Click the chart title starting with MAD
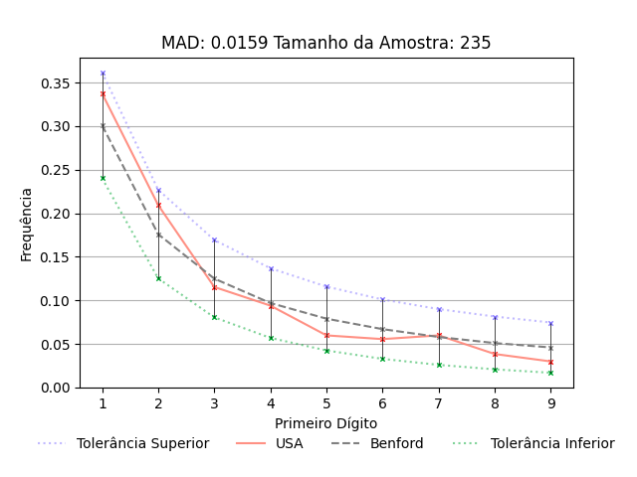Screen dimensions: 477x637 325,44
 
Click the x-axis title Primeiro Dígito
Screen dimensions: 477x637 325,423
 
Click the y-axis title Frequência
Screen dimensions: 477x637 27,224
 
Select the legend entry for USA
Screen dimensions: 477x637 289,443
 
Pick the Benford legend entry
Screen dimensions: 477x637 395,443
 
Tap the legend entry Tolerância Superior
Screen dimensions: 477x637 142,443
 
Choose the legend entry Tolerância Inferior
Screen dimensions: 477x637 552,443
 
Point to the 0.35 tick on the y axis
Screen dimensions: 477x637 56,82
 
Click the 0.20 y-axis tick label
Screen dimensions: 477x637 56,214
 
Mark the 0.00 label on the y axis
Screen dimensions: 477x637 56,388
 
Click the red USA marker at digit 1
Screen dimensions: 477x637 103,93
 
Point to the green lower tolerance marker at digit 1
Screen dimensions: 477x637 103,178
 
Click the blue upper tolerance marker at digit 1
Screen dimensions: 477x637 103,74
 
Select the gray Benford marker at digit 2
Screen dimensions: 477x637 158,235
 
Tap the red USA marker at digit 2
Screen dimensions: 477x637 158,206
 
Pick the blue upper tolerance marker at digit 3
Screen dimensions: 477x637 214,240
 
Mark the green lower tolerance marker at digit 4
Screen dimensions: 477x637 271,338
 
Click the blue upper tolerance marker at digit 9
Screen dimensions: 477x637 550,323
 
